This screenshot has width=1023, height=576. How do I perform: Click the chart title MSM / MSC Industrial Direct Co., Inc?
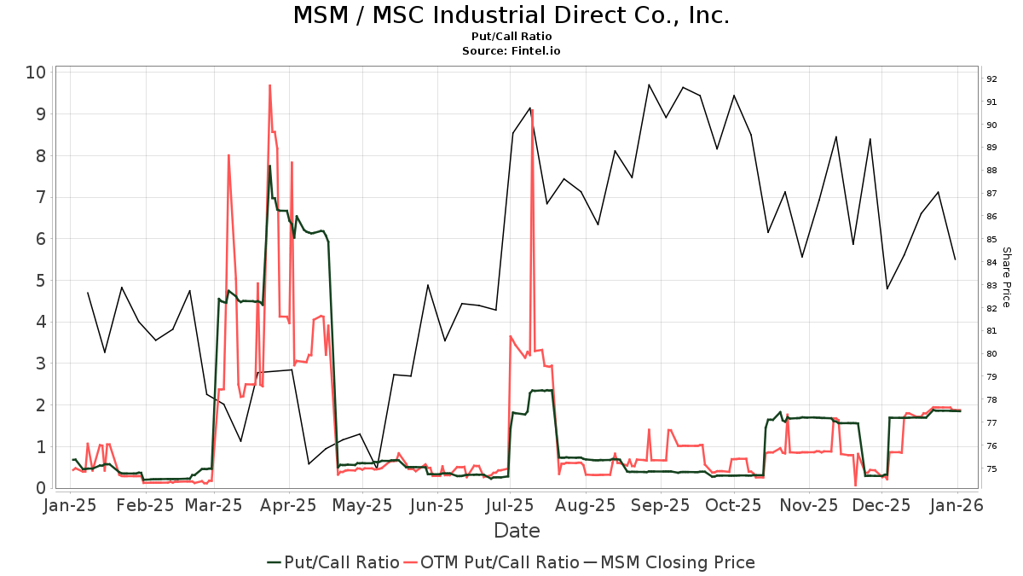[x=511, y=15]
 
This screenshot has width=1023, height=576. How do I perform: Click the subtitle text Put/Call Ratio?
[x=511, y=37]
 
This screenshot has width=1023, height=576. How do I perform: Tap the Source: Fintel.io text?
[x=511, y=51]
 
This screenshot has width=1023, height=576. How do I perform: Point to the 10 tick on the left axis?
[x=34, y=72]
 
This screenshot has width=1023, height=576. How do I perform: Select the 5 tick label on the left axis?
[x=39, y=280]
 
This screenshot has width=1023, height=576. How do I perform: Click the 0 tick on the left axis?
[x=39, y=488]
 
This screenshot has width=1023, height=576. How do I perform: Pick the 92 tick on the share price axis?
[x=991, y=79]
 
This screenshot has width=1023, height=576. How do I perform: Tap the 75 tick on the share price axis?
[x=991, y=468]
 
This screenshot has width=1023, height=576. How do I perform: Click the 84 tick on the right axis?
[x=991, y=263]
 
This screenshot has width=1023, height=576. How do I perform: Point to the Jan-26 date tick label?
[x=957, y=506]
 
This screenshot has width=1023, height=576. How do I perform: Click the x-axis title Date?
[x=517, y=531]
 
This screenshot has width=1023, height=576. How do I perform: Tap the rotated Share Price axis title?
[x=1006, y=277]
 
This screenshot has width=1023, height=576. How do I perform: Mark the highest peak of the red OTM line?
[x=269, y=85]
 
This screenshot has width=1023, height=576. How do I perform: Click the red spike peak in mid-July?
[x=532, y=109]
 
